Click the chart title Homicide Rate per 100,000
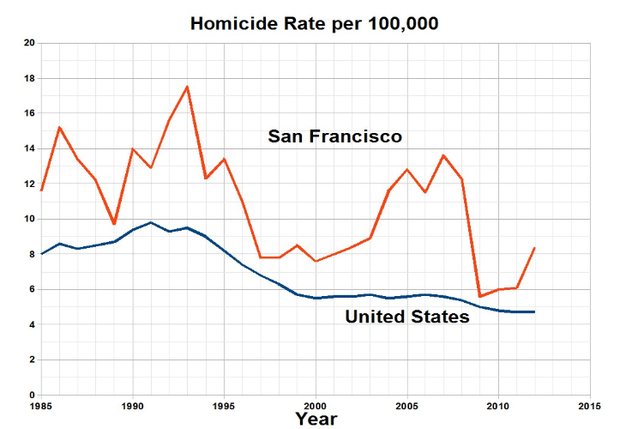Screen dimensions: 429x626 [x=314, y=24]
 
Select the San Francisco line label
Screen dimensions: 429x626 [x=334, y=136]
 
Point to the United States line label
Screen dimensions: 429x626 [x=406, y=317]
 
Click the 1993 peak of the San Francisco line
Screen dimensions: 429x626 [x=187, y=87]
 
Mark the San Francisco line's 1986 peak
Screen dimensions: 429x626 [x=59, y=127]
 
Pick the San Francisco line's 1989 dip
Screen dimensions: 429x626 [x=114, y=224]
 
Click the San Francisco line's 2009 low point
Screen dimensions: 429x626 [x=479, y=296]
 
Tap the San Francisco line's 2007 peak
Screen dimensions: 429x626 [x=442, y=155]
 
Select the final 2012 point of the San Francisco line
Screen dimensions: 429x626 [x=534, y=248]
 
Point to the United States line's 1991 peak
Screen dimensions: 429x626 [x=151, y=222]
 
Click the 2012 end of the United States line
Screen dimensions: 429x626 [x=534, y=311]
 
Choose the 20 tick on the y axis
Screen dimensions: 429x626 [x=29, y=43]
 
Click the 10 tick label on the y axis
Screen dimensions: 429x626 [x=29, y=219]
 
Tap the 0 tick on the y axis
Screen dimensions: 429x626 [x=32, y=395]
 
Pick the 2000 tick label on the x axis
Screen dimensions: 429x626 [x=315, y=404]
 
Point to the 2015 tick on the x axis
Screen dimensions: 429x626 [x=589, y=404]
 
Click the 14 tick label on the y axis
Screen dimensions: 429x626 [x=29, y=148]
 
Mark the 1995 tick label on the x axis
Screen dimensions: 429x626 [x=224, y=404]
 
